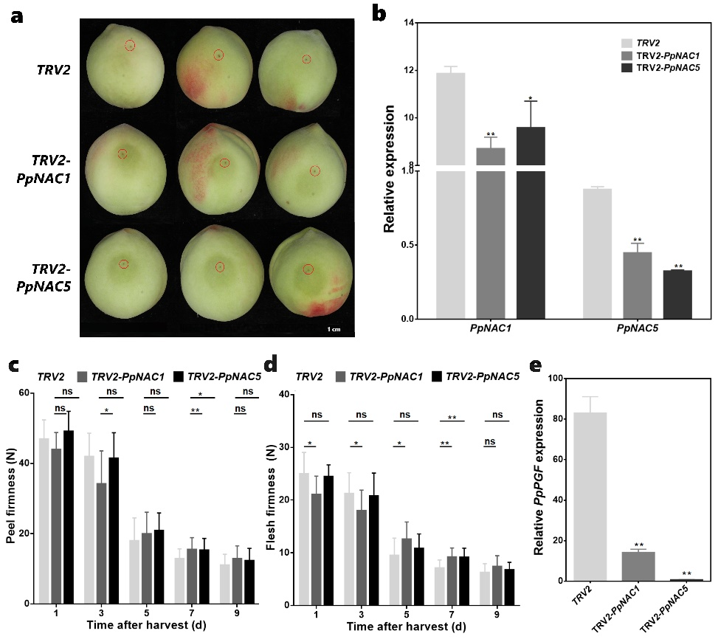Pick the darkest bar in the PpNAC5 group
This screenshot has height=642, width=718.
(x=677, y=294)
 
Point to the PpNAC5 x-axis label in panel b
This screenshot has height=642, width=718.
(x=638, y=332)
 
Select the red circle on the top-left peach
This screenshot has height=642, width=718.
(x=130, y=45)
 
